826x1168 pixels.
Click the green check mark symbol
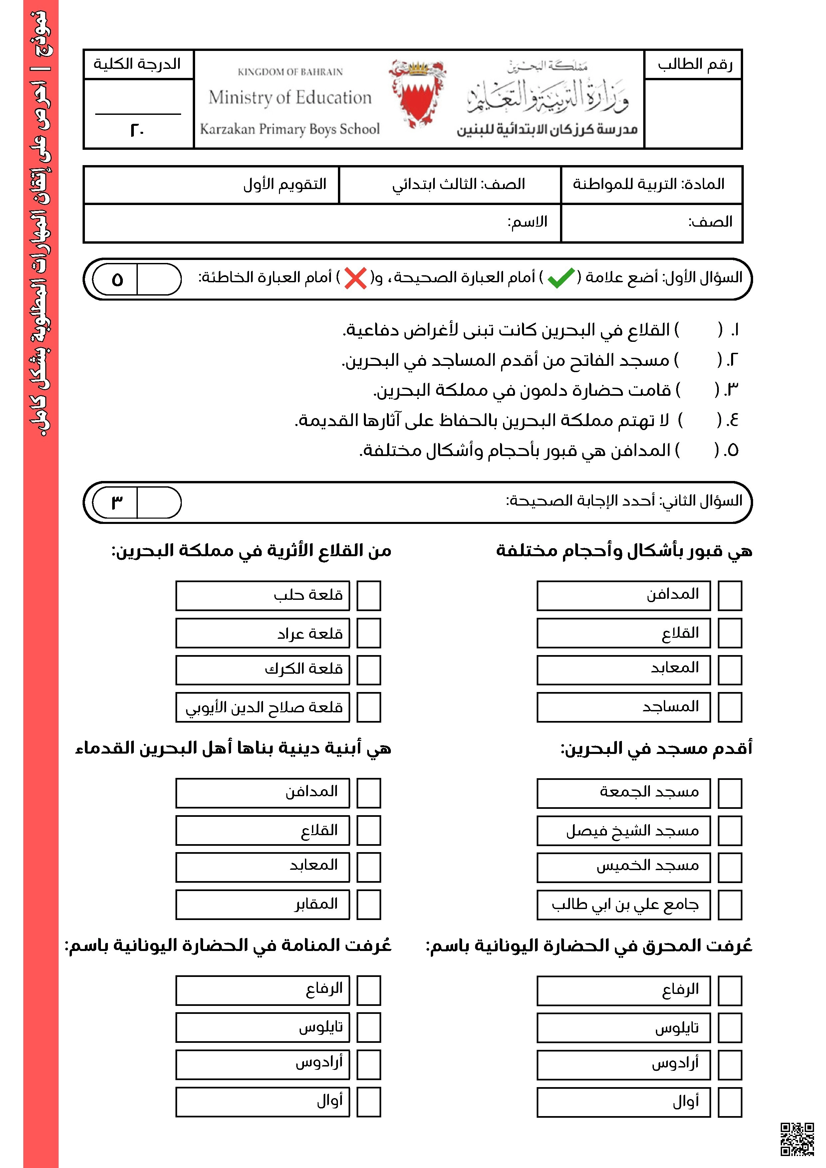click(560, 278)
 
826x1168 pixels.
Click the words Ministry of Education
click(290, 97)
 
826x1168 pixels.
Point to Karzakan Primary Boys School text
click(290, 129)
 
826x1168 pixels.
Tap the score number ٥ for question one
click(117, 279)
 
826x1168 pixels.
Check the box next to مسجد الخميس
click(730, 867)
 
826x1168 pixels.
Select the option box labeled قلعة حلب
click(263, 595)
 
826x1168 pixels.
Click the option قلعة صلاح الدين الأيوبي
click(263, 707)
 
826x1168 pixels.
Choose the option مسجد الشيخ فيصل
click(624, 831)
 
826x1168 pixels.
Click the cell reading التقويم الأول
click(285, 184)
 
